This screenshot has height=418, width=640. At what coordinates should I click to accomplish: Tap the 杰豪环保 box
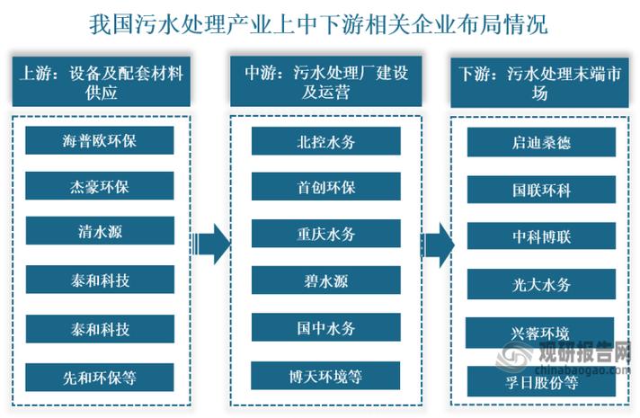[99, 187]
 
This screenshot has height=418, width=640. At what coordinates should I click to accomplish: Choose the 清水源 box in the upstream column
[99, 233]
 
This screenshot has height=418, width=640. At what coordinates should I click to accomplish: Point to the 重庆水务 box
[325, 234]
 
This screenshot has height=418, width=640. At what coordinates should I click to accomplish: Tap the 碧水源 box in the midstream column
[325, 280]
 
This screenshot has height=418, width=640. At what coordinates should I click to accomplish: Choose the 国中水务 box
[325, 328]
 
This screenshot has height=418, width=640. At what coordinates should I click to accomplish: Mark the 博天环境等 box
[325, 375]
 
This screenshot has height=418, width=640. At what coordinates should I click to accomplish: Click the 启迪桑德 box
[541, 141]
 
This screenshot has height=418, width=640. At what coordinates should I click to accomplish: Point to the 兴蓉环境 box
[541, 332]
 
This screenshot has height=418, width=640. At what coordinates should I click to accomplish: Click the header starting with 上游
[99, 83]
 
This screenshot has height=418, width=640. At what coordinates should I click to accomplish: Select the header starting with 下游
[541, 83]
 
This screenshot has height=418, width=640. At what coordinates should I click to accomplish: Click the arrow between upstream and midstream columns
[212, 244]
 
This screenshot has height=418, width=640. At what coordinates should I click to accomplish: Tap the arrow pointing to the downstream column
[438, 245]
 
